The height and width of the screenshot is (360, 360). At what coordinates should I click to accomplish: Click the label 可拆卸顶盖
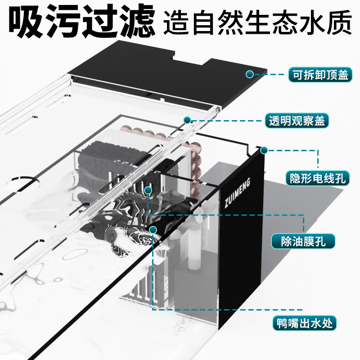click(x=319, y=75)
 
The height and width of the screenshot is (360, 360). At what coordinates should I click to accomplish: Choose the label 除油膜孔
click(x=303, y=242)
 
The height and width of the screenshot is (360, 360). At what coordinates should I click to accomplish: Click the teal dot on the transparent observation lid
click(x=187, y=119)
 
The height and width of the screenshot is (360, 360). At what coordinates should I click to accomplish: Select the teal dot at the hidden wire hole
click(x=264, y=149)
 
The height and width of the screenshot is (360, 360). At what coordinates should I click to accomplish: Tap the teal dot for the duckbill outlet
click(x=153, y=229)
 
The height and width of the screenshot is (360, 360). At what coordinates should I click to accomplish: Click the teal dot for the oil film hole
click(x=148, y=190)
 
